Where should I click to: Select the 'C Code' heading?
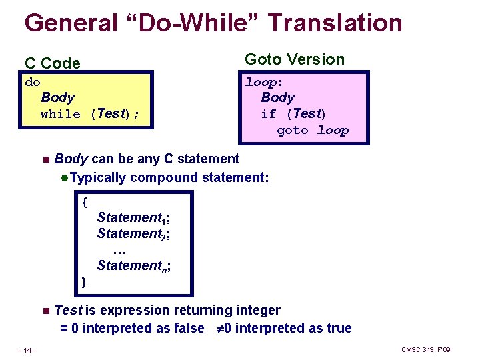click(53, 63)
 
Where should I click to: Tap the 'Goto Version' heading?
click(295, 59)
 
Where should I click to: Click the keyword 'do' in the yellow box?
click(33, 82)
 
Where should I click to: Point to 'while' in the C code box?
click(60, 114)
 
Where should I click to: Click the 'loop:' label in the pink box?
click(265, 83)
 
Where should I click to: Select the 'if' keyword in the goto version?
click(269, 114)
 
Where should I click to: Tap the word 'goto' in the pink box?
click(293, 131)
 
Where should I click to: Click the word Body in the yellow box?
click(58, 97)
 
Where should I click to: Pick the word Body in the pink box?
click(278, 97)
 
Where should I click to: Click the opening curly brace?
click(84, 201)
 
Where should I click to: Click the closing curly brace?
click(84, 282)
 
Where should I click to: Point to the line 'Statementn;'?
click(133, 266)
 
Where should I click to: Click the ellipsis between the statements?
click(120, 251)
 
